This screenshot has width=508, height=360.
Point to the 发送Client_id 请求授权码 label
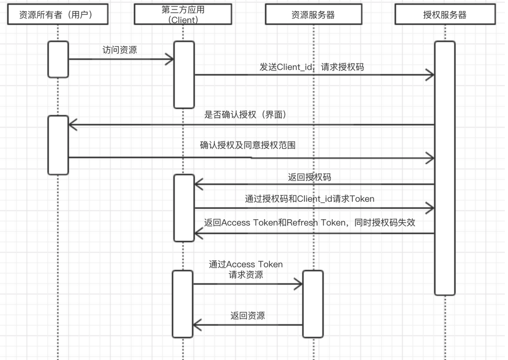click(x=312, y=67)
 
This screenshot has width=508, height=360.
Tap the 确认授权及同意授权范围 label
click(x=247, y=145)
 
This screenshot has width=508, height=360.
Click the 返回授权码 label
click(x=310, y=177)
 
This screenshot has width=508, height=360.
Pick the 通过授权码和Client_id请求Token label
click(x=310, y=199)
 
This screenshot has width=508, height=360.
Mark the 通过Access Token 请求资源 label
click(x=246, y=269)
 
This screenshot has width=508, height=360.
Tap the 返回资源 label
click(x=247, y=316)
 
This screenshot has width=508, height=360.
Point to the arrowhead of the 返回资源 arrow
click(x=197, y=325)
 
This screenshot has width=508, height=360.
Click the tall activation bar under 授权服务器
click(x=444, y=168)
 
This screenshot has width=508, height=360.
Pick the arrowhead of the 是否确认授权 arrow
click(x=72, y=125)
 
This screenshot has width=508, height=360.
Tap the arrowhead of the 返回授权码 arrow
click(x=198, y=184)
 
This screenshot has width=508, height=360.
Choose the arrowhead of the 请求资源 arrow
click(x=299, y=284)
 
